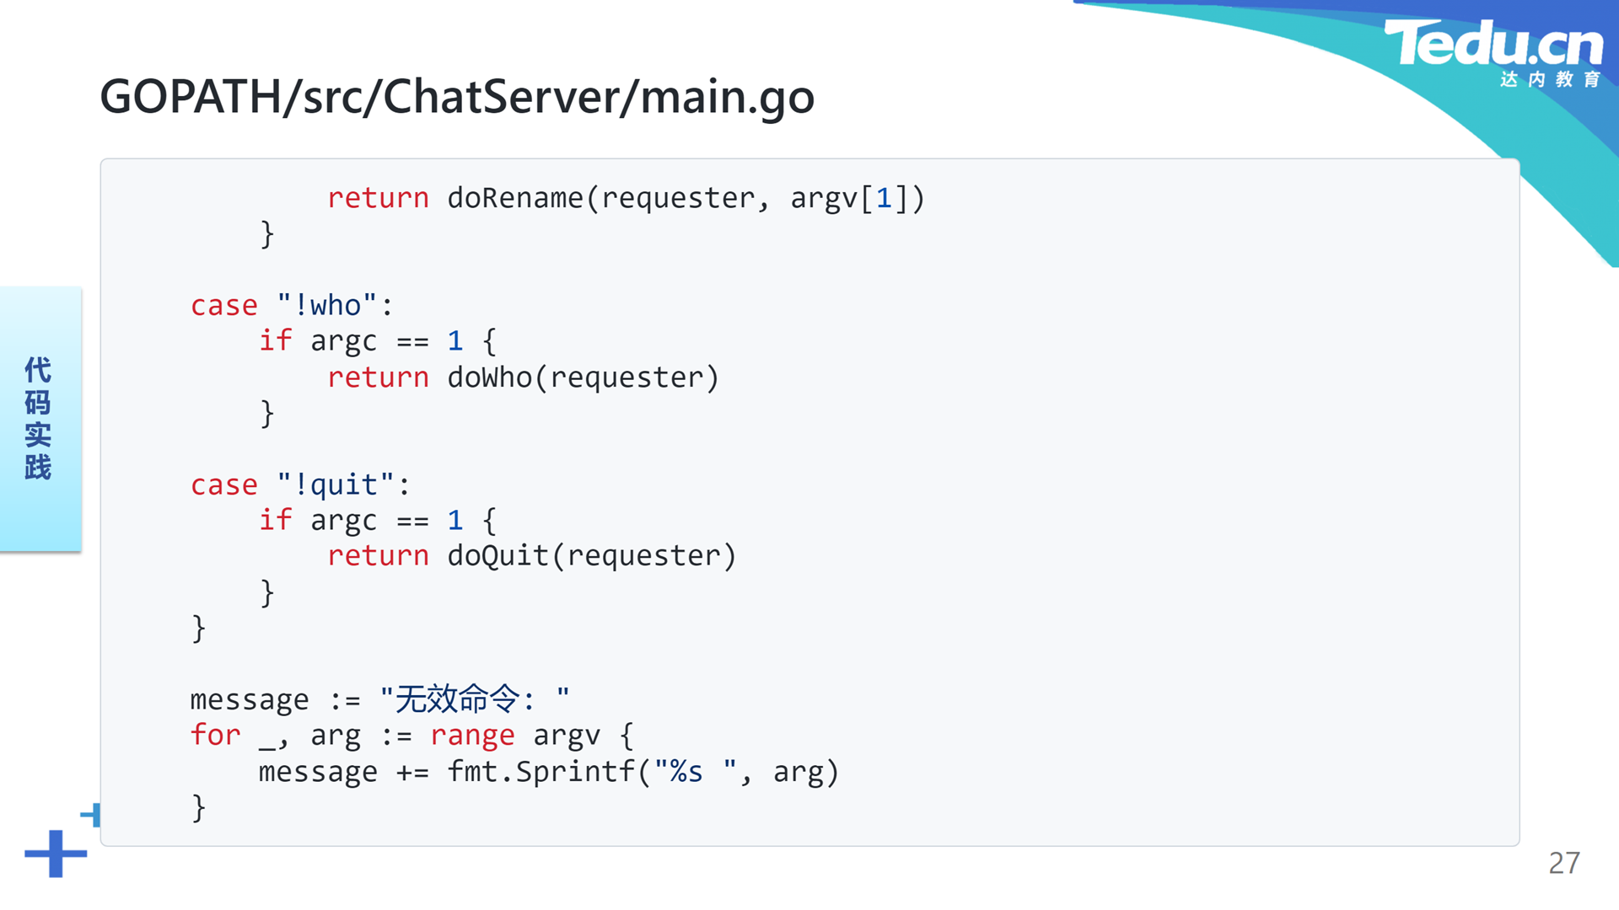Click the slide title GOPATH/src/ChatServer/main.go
tap(457, 97)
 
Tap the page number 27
tap(1564, 863)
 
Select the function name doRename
tap(515, 198)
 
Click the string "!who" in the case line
tap(327, 305)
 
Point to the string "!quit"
tap(336, 485)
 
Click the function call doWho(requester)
tap(584, 377)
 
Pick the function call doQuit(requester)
tap(592, 556)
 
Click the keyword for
tap(216, 735)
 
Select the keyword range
tap(472, 736)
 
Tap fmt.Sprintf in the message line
tap(541, 772)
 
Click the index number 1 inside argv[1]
tap(884, 198)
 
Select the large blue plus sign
tap(56, 854)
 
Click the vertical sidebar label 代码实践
tap(38, 418)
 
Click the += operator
tap(412, 773)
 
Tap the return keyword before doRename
tap(378, 198)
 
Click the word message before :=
tap(250, 700)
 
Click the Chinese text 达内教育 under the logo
tap(1550, 79)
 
